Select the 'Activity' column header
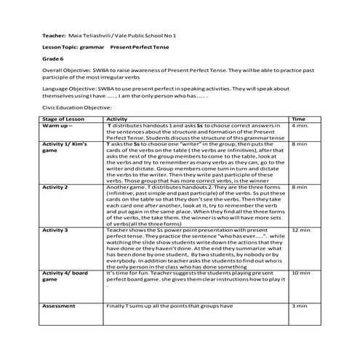coord(117,119)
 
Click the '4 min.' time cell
coord(299,125)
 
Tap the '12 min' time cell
coord(300,229)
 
